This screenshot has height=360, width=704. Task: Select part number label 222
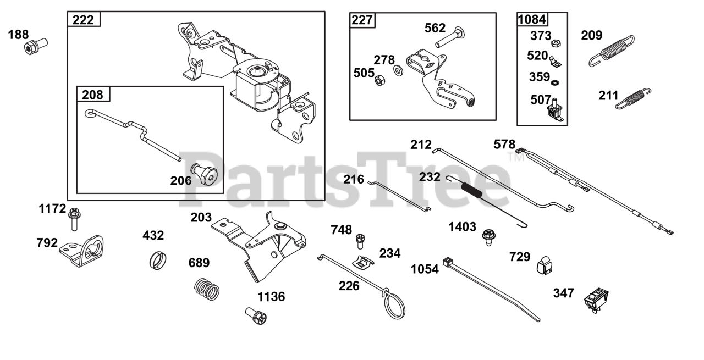coord(84,20)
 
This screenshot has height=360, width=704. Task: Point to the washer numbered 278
coord(397,71)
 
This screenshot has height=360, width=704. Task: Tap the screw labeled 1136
coord(256,316)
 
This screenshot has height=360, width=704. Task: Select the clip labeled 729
coord(543,265)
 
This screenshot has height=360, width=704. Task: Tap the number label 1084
coord(533,20)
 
